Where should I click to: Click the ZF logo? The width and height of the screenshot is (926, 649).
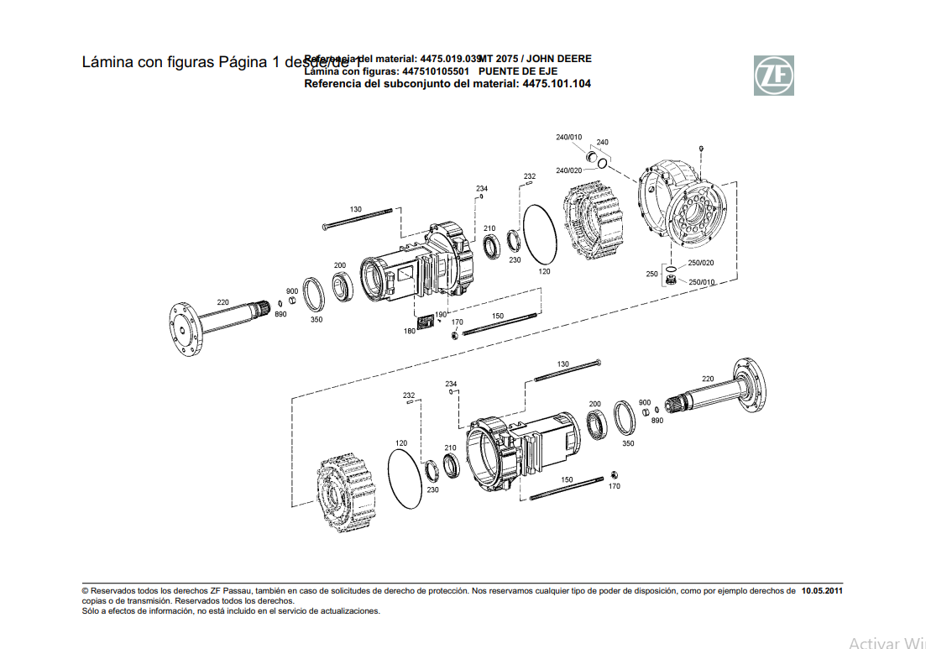tap(772, 75)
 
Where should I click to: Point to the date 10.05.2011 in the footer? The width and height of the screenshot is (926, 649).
tap(822, 591)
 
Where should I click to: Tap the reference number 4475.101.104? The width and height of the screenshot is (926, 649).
tap(557, 84)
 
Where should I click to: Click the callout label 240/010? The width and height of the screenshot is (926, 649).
tap(568, 137)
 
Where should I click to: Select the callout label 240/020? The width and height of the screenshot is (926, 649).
tap(568, 170)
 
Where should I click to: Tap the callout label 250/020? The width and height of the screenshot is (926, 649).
tap(701, 263)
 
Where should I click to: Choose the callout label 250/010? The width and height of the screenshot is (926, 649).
tap(701, 282)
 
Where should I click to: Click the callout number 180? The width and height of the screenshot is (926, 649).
tap(409, 331)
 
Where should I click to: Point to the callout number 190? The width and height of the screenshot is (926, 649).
tap(441, 315)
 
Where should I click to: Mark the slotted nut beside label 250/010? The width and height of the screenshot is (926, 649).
tap(671, 280)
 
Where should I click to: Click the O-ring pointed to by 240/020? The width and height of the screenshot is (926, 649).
tap(603, 162)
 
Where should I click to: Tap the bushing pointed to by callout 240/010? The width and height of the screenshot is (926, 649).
tap(591, 156)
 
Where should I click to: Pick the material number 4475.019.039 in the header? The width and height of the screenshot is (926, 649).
tap(450, 59)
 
